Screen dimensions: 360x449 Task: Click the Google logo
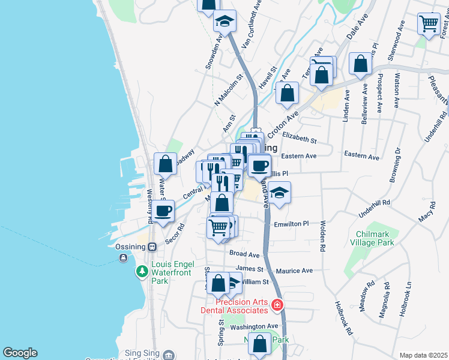pyautogui.click(x=20, y=353)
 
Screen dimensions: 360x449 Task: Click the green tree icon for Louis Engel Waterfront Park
pyautogui.click(x=142, y=272)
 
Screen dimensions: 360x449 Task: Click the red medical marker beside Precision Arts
pyautogui.click(x=277, y=305)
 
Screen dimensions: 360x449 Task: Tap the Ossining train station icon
pyautogui.click(x=152, y=247)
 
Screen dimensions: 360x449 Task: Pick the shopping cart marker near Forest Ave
pyautogui.click(x=429, y=24)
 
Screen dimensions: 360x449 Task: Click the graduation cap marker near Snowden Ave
pyautogui.click(x=225, y=22)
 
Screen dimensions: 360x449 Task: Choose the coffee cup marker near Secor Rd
pyautogui.click(x=163, y=211)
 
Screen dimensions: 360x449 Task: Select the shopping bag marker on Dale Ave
pyautogui.click(x=360, y=65)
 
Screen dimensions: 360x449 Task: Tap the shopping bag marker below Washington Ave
pyautogui.click(x=260, y=344)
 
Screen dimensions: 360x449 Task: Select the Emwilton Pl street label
pyautogui.click(x=291, y=224)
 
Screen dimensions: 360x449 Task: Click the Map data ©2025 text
pyautogui.click(x=423, y=355)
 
